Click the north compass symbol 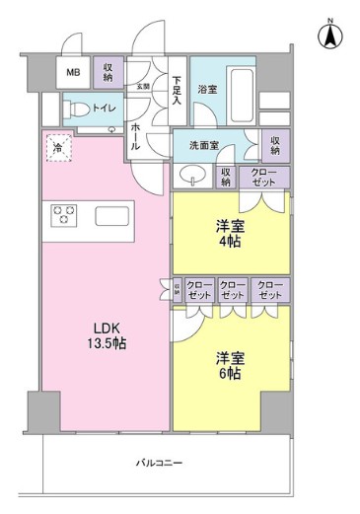pyautogui.click(x=330, y=37)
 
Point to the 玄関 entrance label pyautogui.click(x=144, y=87)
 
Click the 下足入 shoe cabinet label pyautogui.click(x=177, y=90)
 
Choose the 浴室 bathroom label pyautogui.click(x=207, y=90)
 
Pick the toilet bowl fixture pyautogui.click(x=75, y=109)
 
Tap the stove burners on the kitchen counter pyautogui.click(x=65, y=214)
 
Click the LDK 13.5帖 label pyautogui.click(x=108, y=334)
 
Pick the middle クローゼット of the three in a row pyautogui.click(x=232, y=290)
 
